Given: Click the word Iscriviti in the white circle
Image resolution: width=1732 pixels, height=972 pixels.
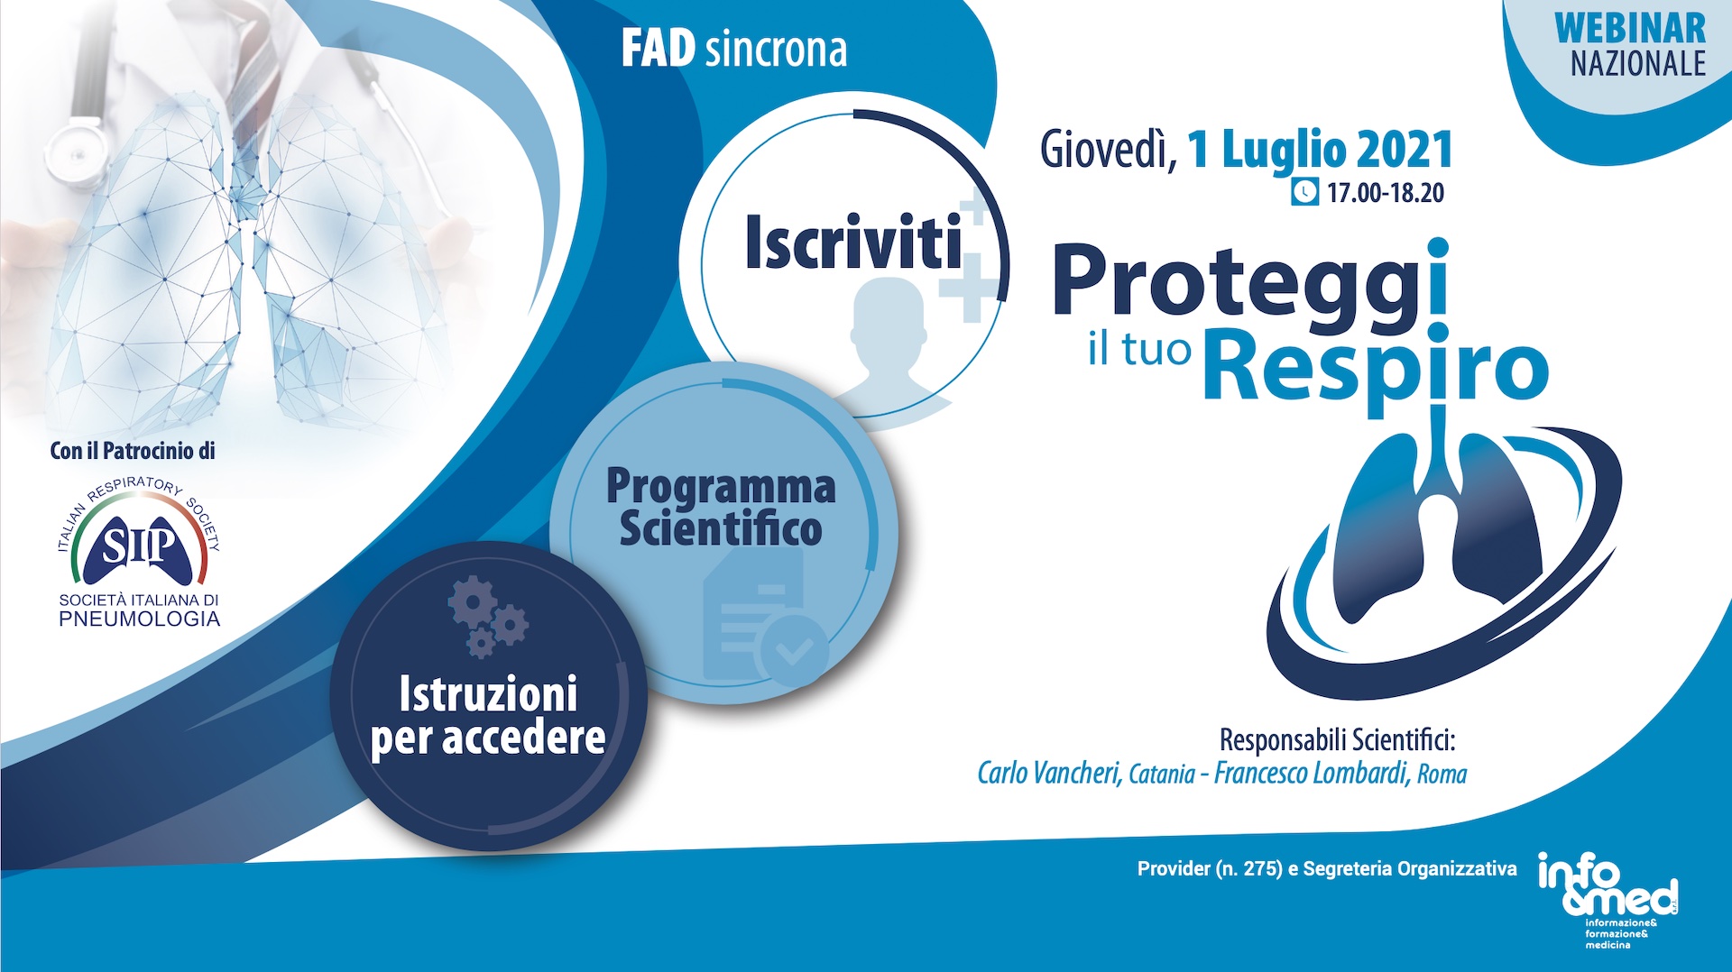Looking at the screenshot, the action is (853, 243).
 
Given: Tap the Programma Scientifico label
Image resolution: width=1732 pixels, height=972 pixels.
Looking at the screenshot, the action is (721, 507).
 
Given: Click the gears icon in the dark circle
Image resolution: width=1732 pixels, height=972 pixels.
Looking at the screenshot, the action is (487, 616).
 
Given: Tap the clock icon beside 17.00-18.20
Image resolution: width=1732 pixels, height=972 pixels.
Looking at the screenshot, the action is (1304, 192).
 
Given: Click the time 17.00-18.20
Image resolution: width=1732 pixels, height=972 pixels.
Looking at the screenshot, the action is (1386, 193).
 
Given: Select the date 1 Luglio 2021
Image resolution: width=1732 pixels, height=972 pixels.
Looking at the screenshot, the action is (1320, 150).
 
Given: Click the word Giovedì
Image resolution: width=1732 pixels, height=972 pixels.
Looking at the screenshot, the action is (1109, 150).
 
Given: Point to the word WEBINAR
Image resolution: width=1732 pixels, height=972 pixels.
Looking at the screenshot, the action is (1630, 28).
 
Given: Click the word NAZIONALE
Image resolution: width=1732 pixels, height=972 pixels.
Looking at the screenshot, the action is (1638, 64).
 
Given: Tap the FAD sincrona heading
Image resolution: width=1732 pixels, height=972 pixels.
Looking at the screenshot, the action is (734, 50).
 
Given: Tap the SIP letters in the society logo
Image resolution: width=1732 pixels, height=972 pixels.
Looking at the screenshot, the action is (139, 545).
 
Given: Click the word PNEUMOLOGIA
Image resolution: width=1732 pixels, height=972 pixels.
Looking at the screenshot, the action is (140, 619).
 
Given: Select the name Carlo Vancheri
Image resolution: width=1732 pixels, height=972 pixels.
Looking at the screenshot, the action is (1049, 773).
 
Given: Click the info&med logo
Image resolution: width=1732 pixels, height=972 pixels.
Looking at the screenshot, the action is (1608, 889).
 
